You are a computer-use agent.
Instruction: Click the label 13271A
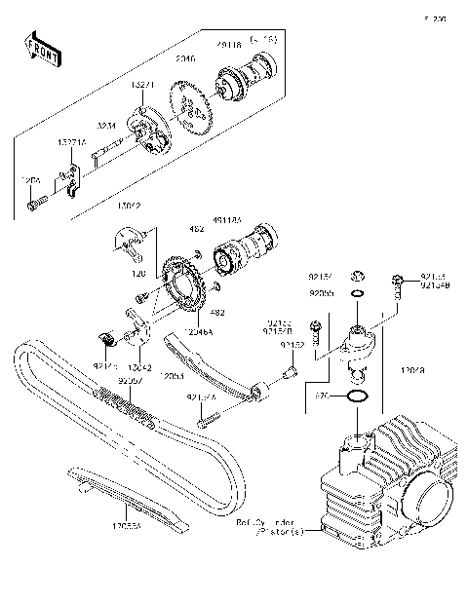(72, 142)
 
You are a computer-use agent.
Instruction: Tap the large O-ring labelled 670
(358, 397)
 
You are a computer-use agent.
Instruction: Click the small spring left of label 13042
(109, 339)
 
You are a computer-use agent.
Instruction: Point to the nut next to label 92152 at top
(358, 275)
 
